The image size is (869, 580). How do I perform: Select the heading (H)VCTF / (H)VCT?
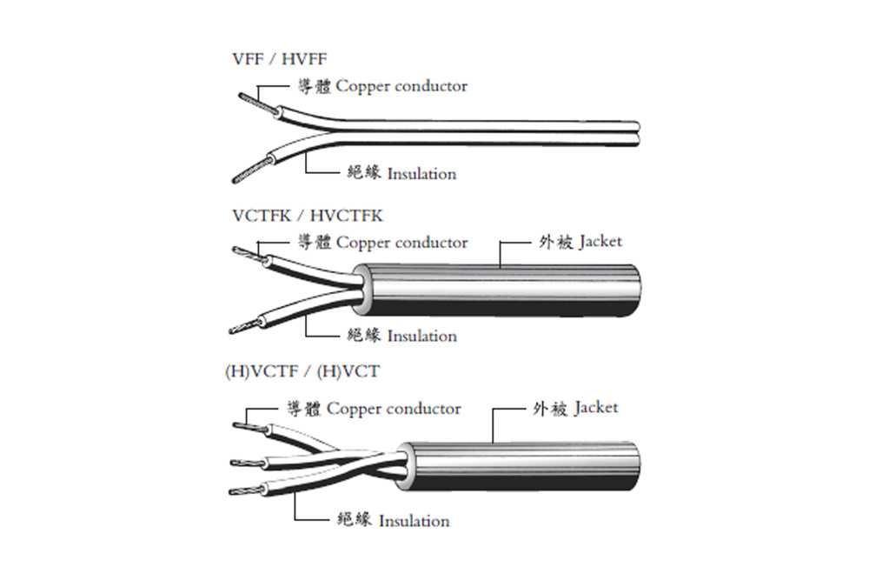coord(302,372)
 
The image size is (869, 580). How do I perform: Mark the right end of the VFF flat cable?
coord(640,133)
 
